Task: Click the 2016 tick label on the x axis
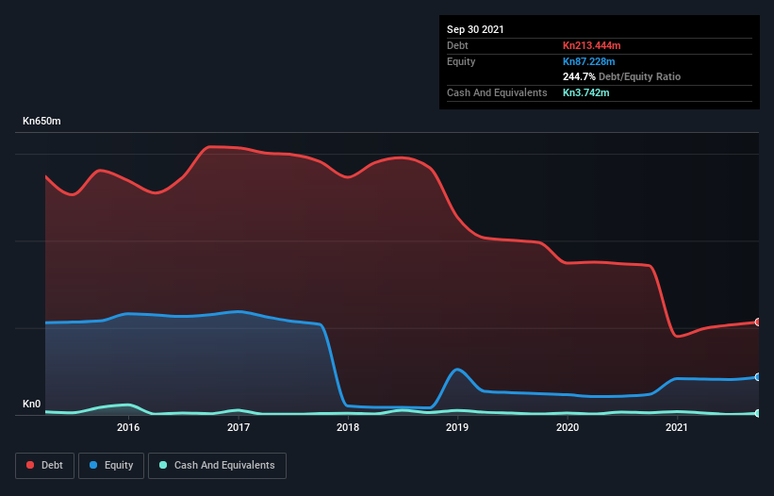[x=128, y=427]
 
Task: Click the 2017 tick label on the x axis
[x=239, y=427]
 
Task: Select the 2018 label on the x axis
[x=348, y=427]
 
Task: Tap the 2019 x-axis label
[x=457, y=427]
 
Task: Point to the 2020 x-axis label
[x=568, y=427]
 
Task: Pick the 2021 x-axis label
[x=677, y=427]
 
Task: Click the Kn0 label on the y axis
[x=32, y=405]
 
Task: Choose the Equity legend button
[x=111, y=465]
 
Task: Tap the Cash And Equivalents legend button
[x=217, y=465]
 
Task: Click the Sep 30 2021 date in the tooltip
[x=475, y=29]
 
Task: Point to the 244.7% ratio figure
[x=580, y=76]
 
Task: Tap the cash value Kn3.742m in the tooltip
[x=585, y=92]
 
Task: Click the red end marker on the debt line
[x=757, y=322]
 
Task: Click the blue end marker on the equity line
[x=757, y=377]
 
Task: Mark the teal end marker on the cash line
[x=757, y=413]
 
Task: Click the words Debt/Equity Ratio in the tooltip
[x=640, y=76]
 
